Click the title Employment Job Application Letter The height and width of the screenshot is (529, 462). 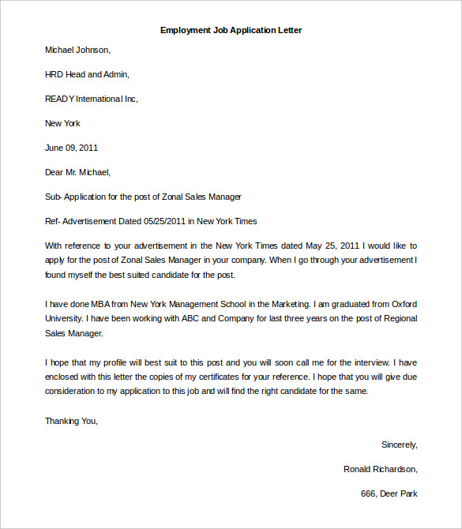coord(231,30)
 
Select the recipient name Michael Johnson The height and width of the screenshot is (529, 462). coord(77,50)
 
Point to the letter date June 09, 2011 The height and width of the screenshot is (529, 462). coord(71,148)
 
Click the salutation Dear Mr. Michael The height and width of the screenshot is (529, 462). coord(77,172)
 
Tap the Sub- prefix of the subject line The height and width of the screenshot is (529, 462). coord(53,197)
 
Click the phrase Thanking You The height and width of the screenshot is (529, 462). coord(71,421)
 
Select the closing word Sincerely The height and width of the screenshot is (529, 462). coord(399,445)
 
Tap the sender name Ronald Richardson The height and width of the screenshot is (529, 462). coord(380,469)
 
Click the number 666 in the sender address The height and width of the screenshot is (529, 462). coord(367,493)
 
